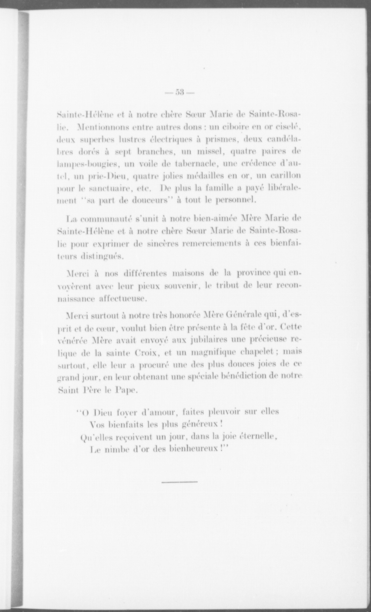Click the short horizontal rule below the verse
pos(179,482)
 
